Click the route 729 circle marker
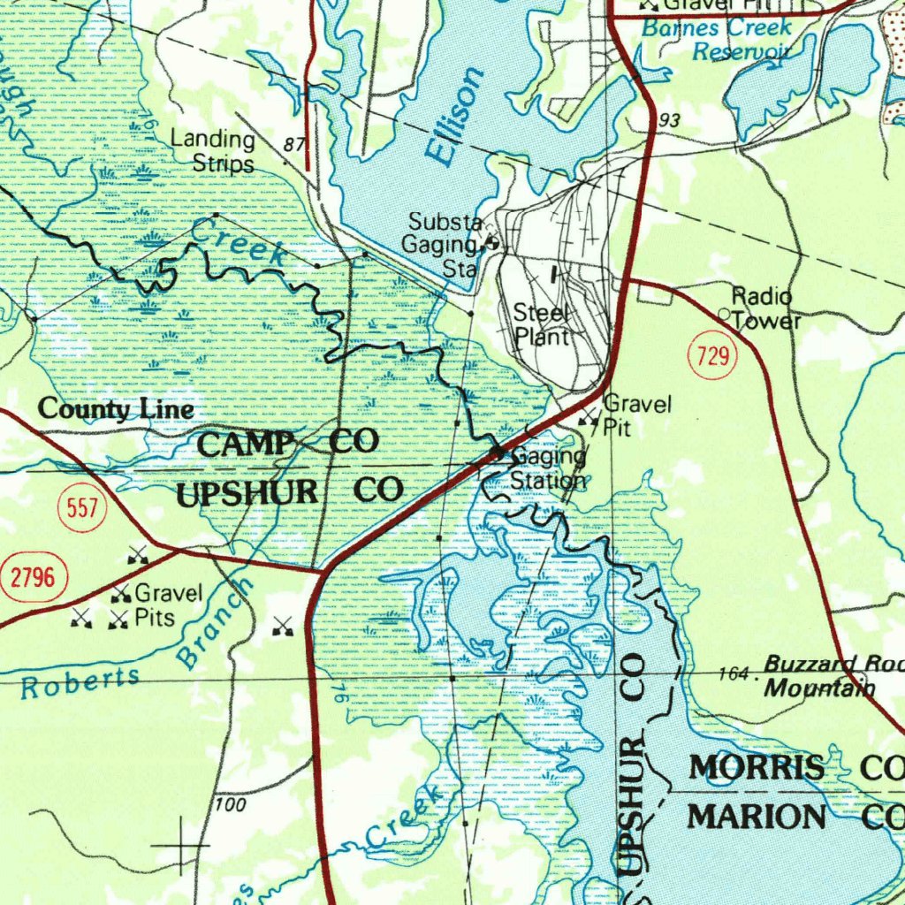pos(712,357)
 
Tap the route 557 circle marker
pos(81,508)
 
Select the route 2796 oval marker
pos(33,579)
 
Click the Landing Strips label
pos(212,151)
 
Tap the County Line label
pos(116,410)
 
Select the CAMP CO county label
pos(287,443)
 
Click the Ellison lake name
pos(456,115)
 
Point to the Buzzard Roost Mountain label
pos(831,676)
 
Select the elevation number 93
pos(670,119)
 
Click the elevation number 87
pos(294,144)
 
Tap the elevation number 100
pos(230,805)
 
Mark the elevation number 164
pos(732,673)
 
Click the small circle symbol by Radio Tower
pos(724,314)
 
